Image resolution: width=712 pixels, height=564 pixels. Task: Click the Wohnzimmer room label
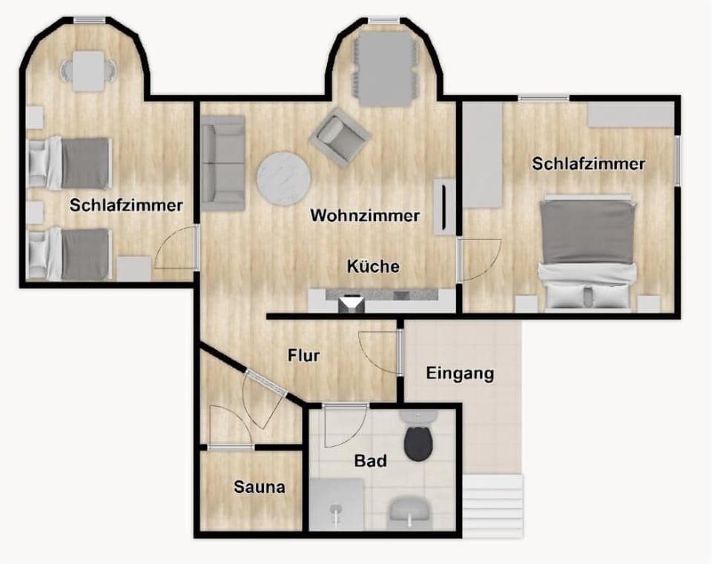[365, 216]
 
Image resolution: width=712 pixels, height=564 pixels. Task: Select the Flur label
[304, 356]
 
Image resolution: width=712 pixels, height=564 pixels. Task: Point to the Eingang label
[460, 374]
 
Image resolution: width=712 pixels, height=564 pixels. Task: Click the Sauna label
[259, 488]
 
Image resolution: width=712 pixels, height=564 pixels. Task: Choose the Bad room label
[370, 462]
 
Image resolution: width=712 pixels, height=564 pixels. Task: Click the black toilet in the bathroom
[418, 440]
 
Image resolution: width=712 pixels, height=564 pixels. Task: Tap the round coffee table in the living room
[283, 178]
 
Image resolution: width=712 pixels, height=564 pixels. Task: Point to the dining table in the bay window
[384, 70]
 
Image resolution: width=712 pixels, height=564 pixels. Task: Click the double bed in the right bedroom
[587, 252]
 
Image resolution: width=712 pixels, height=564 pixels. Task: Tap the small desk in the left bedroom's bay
[88, 70]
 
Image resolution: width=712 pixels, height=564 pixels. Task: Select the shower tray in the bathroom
[337, 505]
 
